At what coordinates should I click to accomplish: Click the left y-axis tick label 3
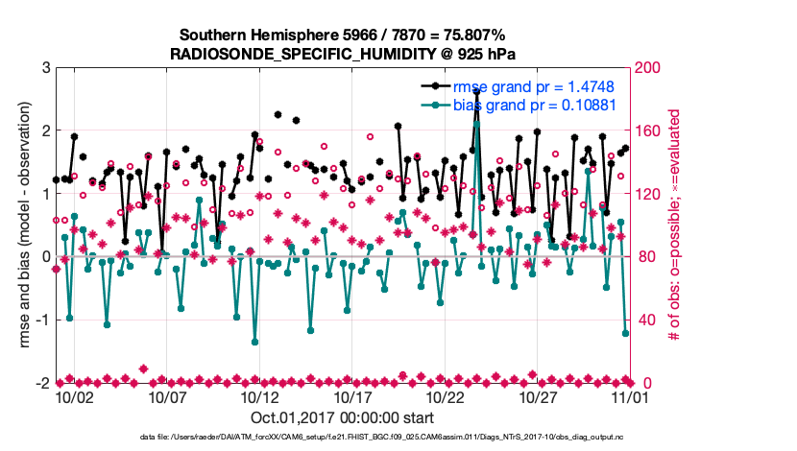click(x=45, y=68)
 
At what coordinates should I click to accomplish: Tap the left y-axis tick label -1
click(x=41, y=320)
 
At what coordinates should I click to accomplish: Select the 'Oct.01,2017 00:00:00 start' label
click(x=343, y=418)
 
